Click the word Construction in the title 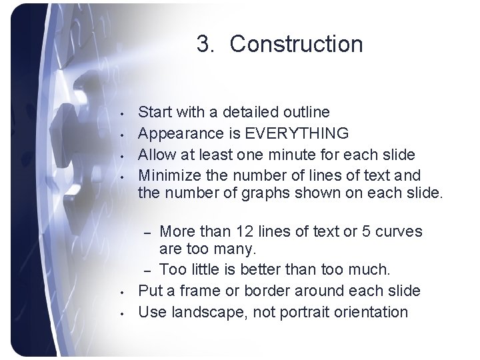[x=297, y=45]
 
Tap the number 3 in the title [x=204, y=45]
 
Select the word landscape [x=208, y=312]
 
